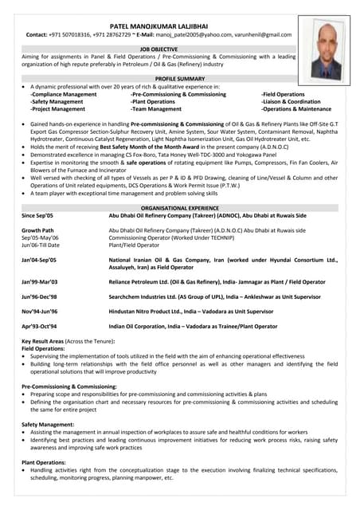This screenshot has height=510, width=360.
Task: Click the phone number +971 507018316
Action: pos(80,35)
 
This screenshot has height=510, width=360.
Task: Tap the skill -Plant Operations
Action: pos(153,101)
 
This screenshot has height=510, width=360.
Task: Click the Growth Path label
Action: pos(37,230)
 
